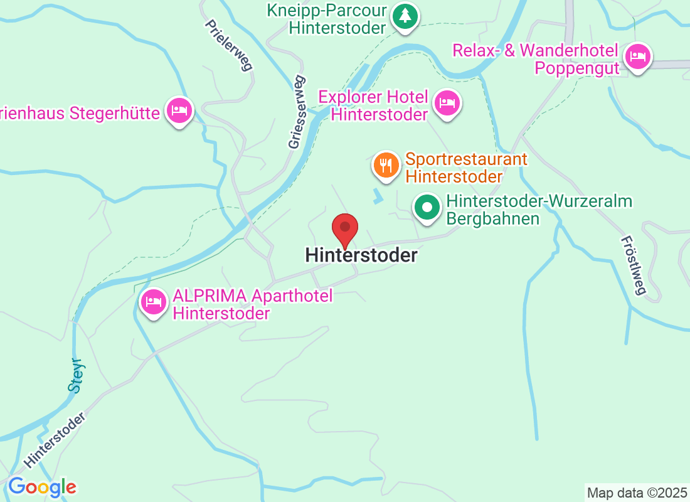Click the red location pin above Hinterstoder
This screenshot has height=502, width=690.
pyautogui.click(x=344, y=228)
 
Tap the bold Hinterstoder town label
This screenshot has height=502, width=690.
pyautogui.click(x=361, y=255)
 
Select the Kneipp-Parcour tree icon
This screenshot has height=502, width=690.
pyautogui.click(x=405, y=16)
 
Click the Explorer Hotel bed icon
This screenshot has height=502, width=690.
pyautogui.click(x=447, y=102)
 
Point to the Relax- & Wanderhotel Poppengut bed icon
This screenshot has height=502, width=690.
pyautogui.click(x=638, y=56)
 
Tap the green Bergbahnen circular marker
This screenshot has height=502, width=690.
pyautogui.click(x=427, y=208)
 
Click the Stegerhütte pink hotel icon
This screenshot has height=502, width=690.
pyautogui.click(x=179, y=110)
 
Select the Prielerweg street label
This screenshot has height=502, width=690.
pyautogui.click(x=229, y=45)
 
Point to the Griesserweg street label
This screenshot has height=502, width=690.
pyautogui.click(x=297, y=112)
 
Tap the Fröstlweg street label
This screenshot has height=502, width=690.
pyautogui.click(x=633, y=265)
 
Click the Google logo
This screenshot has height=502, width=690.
pyautogui.click(x=42, y=486)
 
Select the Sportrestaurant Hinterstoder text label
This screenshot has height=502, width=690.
pyautogui.click(x=466, y=168)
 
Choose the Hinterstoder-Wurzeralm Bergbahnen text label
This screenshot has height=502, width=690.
pyautogui.click(x=539, y=210)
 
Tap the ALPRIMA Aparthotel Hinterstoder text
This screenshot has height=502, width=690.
pyautogui.click(x=252, y=304)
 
